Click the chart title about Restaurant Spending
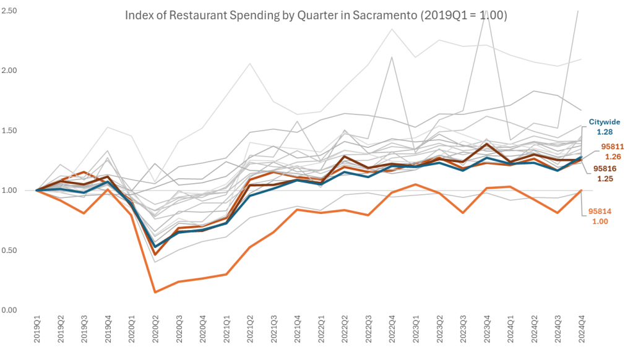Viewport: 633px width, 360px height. pos(316,15)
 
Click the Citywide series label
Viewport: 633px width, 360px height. pos(604,122)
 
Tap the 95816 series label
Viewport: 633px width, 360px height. pos(604,168)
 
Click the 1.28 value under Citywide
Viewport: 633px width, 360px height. pos(604,132)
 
